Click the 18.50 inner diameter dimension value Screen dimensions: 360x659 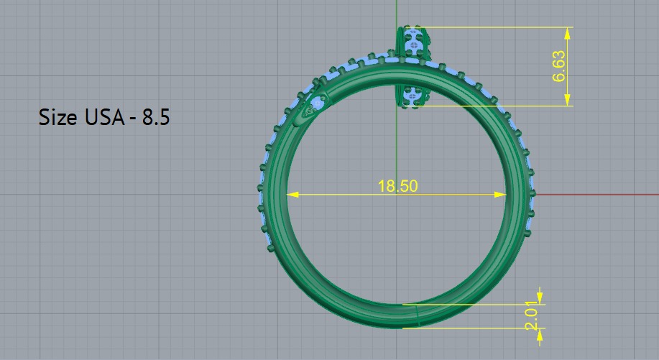(397, 185)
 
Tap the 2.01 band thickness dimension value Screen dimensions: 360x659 (531, 316)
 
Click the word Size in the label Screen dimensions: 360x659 (57, 117)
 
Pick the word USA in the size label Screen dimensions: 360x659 (102, 117)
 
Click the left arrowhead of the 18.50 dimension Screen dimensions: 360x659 (291, 194)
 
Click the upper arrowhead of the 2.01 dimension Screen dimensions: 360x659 (540, 298)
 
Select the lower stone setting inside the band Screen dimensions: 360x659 (412, 94)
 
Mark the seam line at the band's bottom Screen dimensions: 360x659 (416, 314)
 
